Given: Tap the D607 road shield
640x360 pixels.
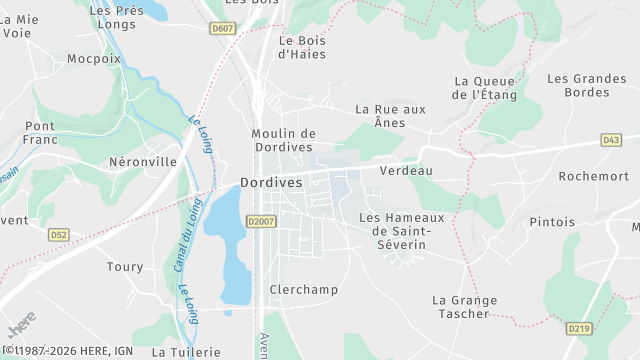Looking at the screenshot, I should click(x=222, y=29).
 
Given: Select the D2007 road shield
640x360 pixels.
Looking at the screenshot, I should click(x=259, y=221).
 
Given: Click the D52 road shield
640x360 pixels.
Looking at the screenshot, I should click(x=59, y=234).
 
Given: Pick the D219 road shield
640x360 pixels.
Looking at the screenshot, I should click(x=578, y=328).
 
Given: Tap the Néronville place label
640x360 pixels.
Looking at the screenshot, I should click(x=142, y=161).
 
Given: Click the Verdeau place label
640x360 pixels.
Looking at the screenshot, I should click(x=406, y=170).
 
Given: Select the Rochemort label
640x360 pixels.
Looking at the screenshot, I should click(x=593, y=176).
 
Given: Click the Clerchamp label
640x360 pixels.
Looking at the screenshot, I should click(x=304, y=290).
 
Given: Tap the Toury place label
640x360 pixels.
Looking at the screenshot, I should click(x=125, y=267).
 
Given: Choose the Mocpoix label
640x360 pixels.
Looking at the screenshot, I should click(x=93, y=59).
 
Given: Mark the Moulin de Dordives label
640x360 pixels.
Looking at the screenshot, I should click(x=283, y=140).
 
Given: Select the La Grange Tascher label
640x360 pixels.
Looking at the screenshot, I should click(x=461, y=306).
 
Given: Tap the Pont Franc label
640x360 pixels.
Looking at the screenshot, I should click(x=40, y=133).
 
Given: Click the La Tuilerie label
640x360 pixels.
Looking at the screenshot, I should click(x=186, y=352).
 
